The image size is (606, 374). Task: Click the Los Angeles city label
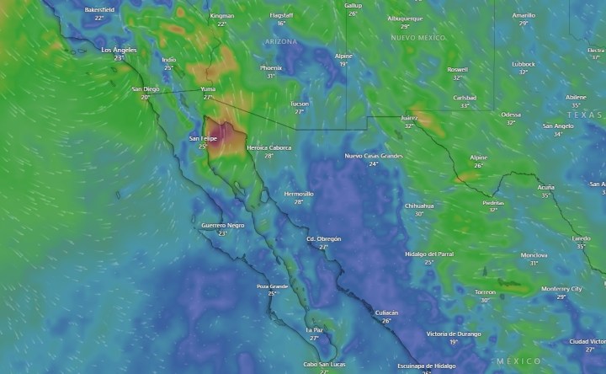click(x=119, y=50)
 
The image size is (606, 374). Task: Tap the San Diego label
click(x=145, y=88)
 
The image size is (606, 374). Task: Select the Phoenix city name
click(x=271, y=67)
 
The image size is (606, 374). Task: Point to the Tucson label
click(x=299, y=103)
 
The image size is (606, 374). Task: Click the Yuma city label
click(x=208, y=88)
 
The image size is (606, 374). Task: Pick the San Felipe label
click(x=203, y=137)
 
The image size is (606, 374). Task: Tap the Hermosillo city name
click(x=299, y=194)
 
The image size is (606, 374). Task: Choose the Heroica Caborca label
click(x=268, y=147)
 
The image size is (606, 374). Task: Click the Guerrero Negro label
click(x=223, y=225)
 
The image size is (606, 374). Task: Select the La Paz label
click(x=314, y=329)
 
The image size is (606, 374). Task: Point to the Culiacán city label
click(x=386, y=312)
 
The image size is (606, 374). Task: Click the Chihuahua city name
click(x=419, y=205)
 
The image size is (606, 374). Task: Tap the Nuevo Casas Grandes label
click(x=373, y=156)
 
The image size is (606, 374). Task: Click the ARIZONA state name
click(x=280, y=41)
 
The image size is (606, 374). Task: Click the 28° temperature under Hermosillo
click(x=299, y=202)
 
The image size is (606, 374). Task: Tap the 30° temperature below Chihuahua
click(x=419, y=213)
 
